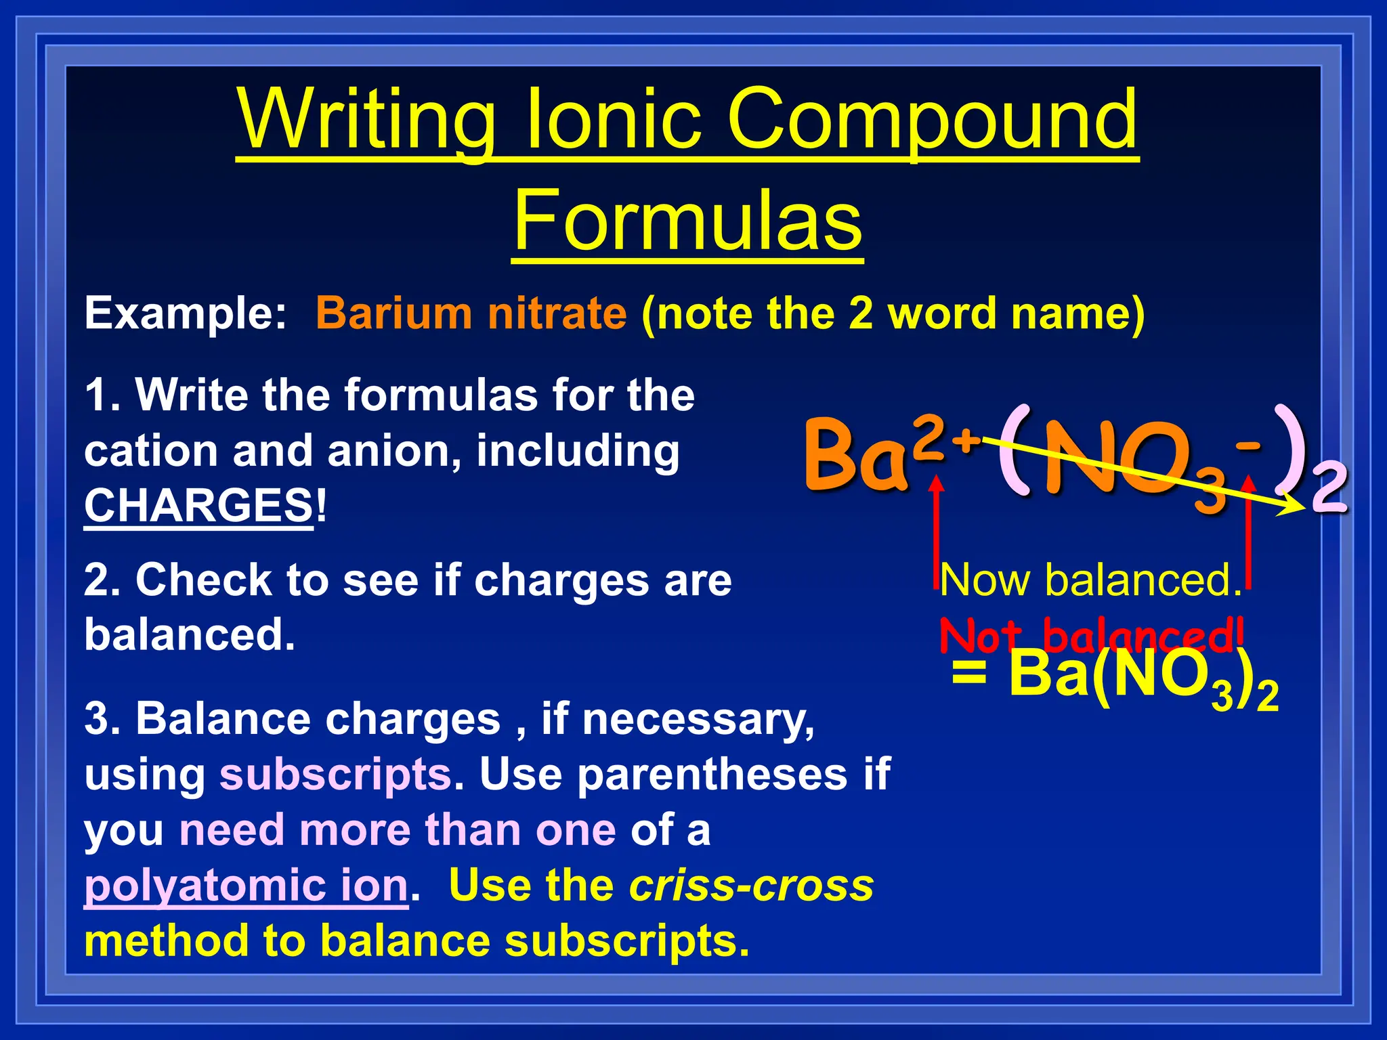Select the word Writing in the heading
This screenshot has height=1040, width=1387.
(x=366, y=121)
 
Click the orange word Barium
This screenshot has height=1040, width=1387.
(x=393, y=313)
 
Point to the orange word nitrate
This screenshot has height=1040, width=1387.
(x=557, y=313)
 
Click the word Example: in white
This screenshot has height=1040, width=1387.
(x=186, y=313)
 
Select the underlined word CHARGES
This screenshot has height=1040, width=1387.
(x=198, y=506)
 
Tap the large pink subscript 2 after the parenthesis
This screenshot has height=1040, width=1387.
(x=1328, y=489)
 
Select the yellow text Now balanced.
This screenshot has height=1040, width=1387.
(x=1090, y=580)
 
